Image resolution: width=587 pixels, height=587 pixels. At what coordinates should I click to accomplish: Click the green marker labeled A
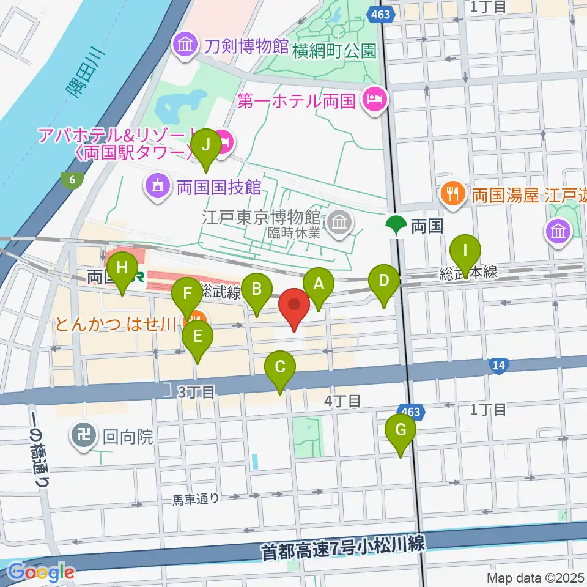pos(318,283)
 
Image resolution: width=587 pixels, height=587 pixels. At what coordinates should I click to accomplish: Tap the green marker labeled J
pos(205,146)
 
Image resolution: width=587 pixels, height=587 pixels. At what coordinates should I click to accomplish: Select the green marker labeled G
pos(401,430)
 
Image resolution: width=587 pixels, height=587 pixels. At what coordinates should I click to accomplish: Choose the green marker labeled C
pos(280,367)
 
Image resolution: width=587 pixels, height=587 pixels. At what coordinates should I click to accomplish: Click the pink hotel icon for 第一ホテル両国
pos(373,98)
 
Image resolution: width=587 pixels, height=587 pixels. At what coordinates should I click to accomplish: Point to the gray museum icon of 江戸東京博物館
pos(338,223)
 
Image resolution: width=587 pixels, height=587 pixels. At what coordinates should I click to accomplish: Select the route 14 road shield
pos(498,366)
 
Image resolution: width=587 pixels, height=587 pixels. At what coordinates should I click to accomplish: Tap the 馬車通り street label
pos(195,498)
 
